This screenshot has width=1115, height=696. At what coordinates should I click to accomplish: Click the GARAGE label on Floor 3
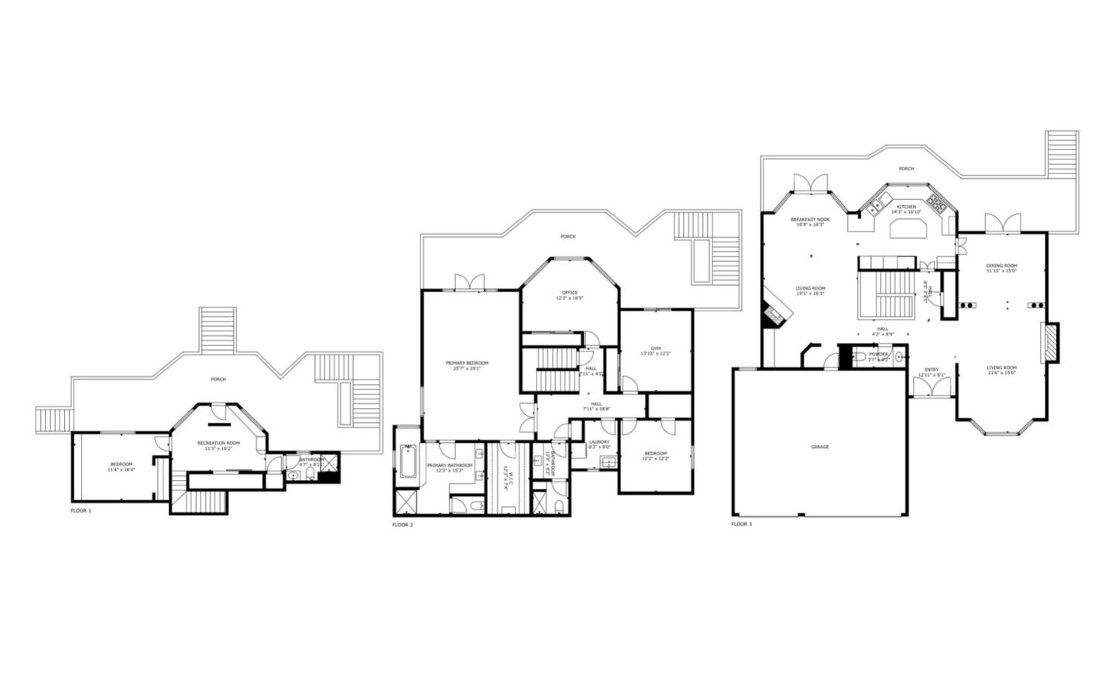coord(819,447)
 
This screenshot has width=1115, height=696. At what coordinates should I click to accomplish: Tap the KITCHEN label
coord(906,207)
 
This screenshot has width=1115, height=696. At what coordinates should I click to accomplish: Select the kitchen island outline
coord(908,229)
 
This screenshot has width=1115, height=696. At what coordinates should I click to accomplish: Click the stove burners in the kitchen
coord(938,204)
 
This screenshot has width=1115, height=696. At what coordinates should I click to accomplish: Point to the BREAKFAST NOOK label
coord(810,220)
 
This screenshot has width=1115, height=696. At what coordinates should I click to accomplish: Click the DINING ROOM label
coord(1001,266)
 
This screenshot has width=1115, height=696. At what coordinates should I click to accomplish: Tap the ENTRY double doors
coord(930,387)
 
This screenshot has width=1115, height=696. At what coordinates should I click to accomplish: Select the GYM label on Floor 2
coord(655,348)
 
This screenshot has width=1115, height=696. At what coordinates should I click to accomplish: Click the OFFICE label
coord(570,293)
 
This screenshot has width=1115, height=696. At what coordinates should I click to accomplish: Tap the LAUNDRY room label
coord(599,442)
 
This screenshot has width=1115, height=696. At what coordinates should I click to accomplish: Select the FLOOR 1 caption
coord(81,511)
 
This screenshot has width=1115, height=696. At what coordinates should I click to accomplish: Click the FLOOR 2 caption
coord(403,525)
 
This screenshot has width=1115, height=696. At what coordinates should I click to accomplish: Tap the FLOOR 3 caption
coord(741,524)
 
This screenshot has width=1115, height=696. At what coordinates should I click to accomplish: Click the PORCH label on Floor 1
coord(218,379)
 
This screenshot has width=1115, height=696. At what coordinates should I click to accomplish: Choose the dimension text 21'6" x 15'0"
coord(1001,373)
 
